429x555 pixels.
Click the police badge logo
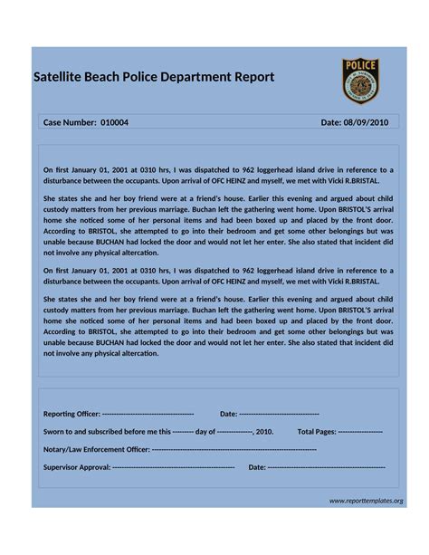[x=360, y=81]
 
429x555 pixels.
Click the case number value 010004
[x=115, y=122]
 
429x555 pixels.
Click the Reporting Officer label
[x=72, y=414]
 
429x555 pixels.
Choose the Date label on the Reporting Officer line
[x=228, y=414]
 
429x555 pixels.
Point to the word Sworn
[x=56, y=431]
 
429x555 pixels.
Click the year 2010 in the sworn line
[x=264, y=431]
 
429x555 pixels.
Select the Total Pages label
[x=317, y=431]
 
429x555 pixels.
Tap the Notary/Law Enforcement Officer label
[x=97, y=449]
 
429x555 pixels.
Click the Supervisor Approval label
[x=77, y=467]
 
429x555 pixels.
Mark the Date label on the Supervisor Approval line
[x=257, y=467]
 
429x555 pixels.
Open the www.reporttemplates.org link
[x=366, y=501]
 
